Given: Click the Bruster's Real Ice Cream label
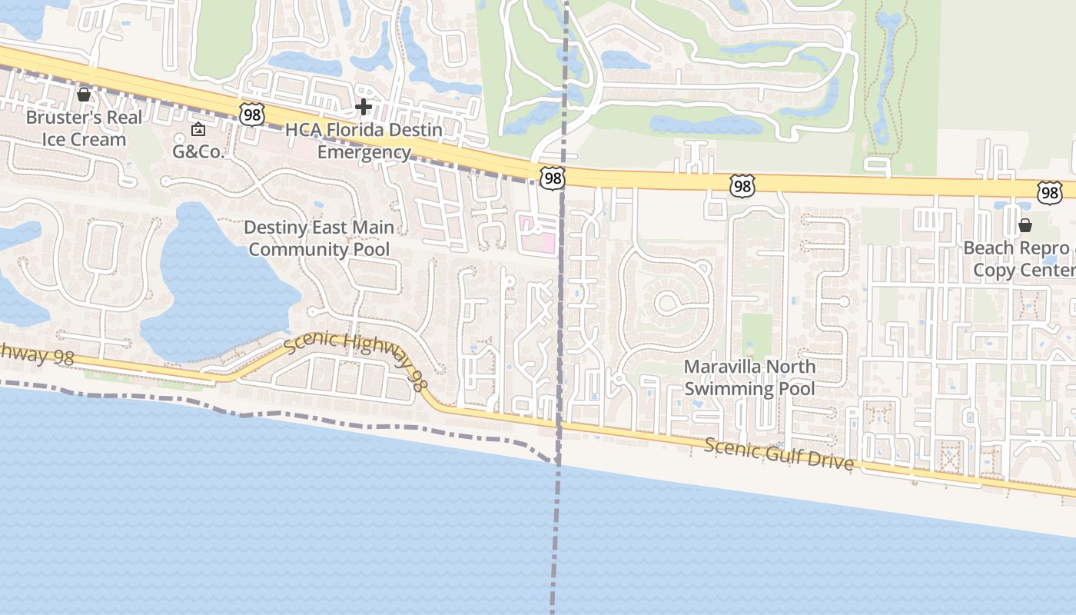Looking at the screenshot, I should pos(84,128).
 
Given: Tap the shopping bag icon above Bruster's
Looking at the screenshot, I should pos(84,95).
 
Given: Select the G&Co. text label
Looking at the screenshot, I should pos(198,151).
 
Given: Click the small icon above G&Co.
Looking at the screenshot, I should pos(198,129).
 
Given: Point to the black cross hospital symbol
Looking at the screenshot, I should pos(364,107).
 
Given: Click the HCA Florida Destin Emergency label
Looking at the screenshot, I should pos(364,141).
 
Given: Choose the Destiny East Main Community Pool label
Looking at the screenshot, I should pos(319,238).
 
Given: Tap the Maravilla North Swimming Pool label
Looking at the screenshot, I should pos(749,377).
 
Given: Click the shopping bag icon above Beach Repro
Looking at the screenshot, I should pos(1025,225).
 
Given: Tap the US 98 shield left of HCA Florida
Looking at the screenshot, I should pos(251,115).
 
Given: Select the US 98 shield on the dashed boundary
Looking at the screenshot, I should pos(552,178).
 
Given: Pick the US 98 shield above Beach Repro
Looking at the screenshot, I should pos(1049,192).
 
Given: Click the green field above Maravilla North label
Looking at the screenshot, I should pos(757,334).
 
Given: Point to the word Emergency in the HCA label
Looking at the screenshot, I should pos(364,152).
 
